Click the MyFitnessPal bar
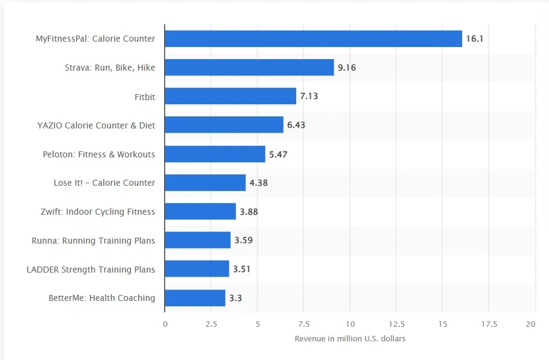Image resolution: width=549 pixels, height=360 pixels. click(x=313, y=39)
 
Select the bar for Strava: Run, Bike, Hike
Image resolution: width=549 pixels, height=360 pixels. click(x=249, y=68)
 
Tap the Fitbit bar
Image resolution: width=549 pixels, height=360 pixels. click(x=230, y=96)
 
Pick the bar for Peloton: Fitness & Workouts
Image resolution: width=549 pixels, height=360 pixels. click(x=215, y=154)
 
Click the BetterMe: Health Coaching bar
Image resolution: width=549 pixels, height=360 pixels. click(x=195, y=298)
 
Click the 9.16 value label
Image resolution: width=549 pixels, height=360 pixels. click(x=347, y=68)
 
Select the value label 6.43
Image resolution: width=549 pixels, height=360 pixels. click(x=296, y=125)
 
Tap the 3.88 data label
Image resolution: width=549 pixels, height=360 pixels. click(x=249, y=212)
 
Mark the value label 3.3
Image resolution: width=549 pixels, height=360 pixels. click(x=235, y=298)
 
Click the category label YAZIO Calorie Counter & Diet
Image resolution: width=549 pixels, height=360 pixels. click(x=96, y=125)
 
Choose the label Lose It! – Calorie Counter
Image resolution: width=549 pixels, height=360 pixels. click(x=104, y=183)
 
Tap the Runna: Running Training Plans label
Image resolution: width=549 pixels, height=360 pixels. click(x=94, y=241)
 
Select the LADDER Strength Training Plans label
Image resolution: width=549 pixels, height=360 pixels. click(x=90, y=270)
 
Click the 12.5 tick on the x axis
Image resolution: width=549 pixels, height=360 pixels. click(x=396, y=324)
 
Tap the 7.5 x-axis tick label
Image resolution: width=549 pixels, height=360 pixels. click(x=304, y=324)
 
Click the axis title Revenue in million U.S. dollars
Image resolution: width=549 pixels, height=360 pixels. click(x=350, y=339)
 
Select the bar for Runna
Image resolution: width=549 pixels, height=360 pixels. click(x=198, y=240)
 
